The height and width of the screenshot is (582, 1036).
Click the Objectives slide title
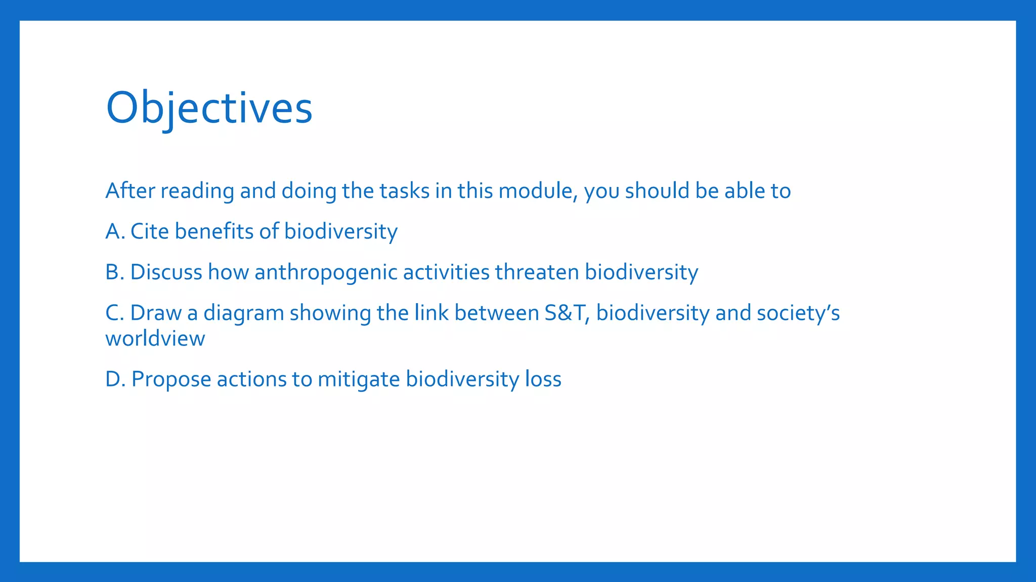tap(209, 109)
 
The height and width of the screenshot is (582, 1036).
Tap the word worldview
tap(155, 338)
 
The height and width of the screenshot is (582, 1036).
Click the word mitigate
tap(359, 379)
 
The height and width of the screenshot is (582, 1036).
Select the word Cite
tap(149, 231)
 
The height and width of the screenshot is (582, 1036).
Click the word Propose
tap(171, 380)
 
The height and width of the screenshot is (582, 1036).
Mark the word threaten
tap(537, 272)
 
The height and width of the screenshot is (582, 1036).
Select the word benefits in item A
tap(214, 231)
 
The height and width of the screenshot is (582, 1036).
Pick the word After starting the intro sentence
tap(130, 191)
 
